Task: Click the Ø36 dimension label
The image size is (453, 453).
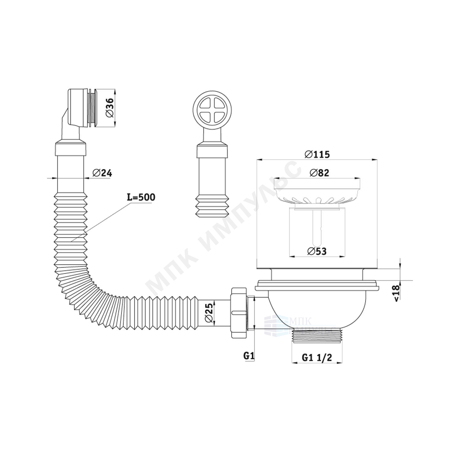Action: coord(110,108)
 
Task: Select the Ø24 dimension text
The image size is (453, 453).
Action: coord(102,173)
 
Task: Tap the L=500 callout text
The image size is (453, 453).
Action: coord(141,197)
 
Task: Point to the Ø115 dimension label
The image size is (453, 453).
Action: coord(317,155)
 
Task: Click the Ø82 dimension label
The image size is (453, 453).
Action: coord(320,173)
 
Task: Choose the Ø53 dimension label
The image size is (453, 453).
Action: coord(317,251)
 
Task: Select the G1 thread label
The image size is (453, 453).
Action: coord(248,356)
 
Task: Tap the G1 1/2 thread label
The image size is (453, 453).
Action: coord(317,358)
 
